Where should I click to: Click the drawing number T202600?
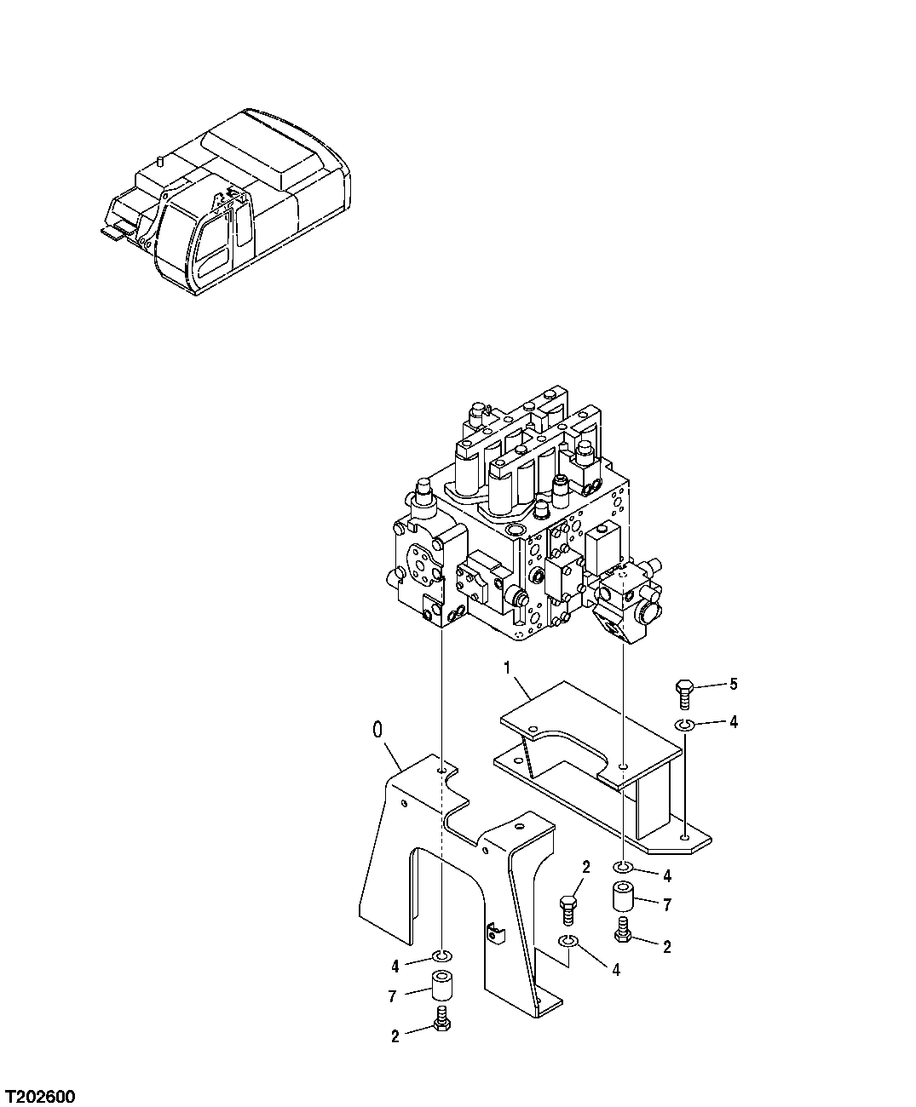(x=39, y=1093)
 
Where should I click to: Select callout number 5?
(x=732, y=684)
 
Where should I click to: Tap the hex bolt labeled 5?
(x=684, y=692)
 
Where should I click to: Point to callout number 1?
(x=508, y=668)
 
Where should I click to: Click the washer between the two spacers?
(x=568, y=940)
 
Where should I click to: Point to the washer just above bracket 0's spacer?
(x=442, y=955)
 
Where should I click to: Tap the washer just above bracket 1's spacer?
(x=624, y=868)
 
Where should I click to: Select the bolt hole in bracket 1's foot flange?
(x=686, y=838)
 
